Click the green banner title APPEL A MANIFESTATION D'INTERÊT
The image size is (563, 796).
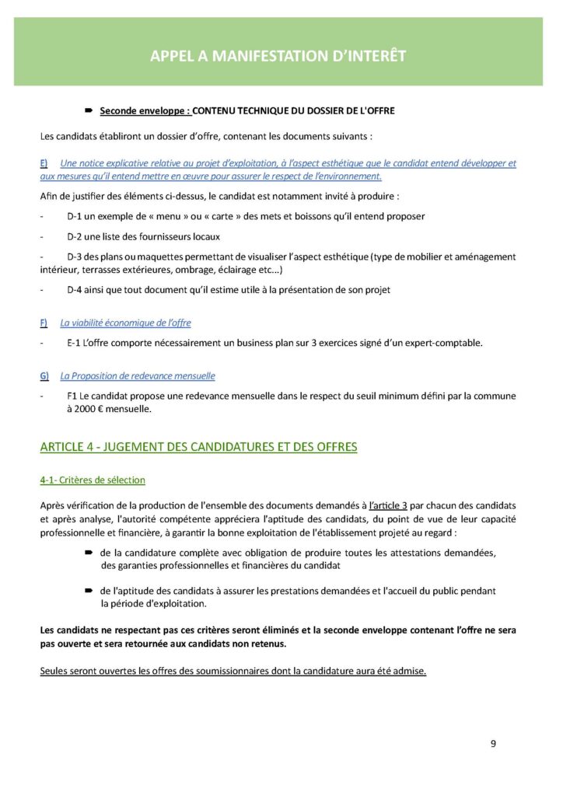pyautogui.click(x=278, y=56)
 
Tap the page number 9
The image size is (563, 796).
pyautogui.click(x=493, y=743)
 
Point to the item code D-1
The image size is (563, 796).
pyautogui.click(x=77, y=215)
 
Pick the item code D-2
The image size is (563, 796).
pyautogui.click(x=77, y=236)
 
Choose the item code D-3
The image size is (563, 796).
pyautogui.click(x=77, y=256)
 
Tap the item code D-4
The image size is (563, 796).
pyautogui.click(x=77, y=290)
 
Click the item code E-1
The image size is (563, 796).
pyautogui.click(x=76, y=343)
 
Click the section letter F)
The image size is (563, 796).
pyautogui.click(x=44, y=323)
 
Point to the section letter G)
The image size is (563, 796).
pyautogui.click(x=44, y=375)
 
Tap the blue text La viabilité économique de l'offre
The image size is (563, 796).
pyautogui.click(x=125, y=323)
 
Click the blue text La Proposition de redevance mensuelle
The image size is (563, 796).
pyautogui.click(x=138, y=375)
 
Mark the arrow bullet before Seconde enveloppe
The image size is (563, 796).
pyautogui.click(x=89, y=111)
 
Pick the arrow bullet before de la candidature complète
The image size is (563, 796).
pyautogui.click(x=89, y=552)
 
